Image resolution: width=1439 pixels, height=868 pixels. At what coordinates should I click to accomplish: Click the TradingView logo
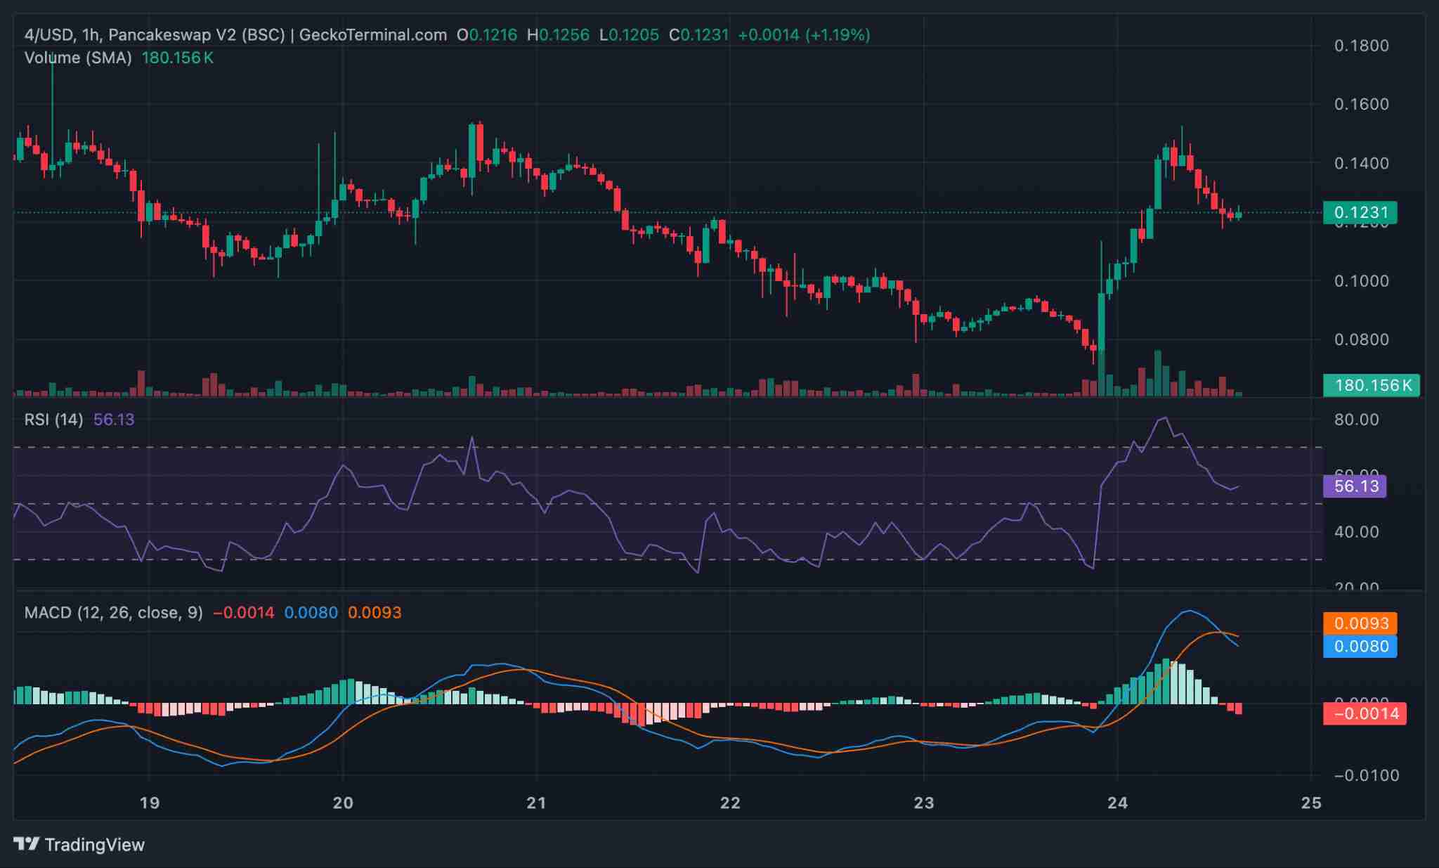coord(79,844)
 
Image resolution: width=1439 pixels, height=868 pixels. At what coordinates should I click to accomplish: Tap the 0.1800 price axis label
coord(1361,46)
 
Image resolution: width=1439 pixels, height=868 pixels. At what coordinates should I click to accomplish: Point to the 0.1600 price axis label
coord(1361,104)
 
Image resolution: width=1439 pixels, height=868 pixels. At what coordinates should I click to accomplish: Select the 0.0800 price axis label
coord(1361,339)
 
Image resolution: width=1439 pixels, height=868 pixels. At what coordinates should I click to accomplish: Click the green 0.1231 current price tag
coord(1360,212)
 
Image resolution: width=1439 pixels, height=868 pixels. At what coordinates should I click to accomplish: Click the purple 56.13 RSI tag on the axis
coord(1355,486)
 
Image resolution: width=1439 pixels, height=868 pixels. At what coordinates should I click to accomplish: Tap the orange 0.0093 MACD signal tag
coord(1360,623)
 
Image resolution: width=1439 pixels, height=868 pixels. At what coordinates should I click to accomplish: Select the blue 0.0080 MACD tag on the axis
coord(1360,646)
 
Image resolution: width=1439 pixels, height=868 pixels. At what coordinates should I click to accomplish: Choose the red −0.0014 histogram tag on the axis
coord(1365,714)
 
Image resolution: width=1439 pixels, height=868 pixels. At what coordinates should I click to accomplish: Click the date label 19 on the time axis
coord(149,803)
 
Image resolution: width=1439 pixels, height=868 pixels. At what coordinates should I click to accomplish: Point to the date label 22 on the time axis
coord(730,803)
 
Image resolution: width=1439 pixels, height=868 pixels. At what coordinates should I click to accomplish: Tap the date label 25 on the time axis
coord(1311,803)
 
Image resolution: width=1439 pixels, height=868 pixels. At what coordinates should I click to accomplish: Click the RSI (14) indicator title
coord(53,420)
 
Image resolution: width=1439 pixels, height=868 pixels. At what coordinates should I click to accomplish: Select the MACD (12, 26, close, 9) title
coord(113,612)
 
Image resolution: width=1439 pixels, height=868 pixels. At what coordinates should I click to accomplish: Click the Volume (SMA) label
coord(78,58)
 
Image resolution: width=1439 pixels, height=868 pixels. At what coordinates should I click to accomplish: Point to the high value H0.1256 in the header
coord(559,34)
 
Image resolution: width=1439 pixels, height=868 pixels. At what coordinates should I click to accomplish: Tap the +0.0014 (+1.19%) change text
coord(804,34)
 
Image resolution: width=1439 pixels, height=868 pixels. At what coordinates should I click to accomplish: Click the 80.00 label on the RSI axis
coord(1356,420)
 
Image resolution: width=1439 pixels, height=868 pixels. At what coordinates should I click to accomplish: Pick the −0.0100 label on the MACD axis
coord(1361,775)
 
